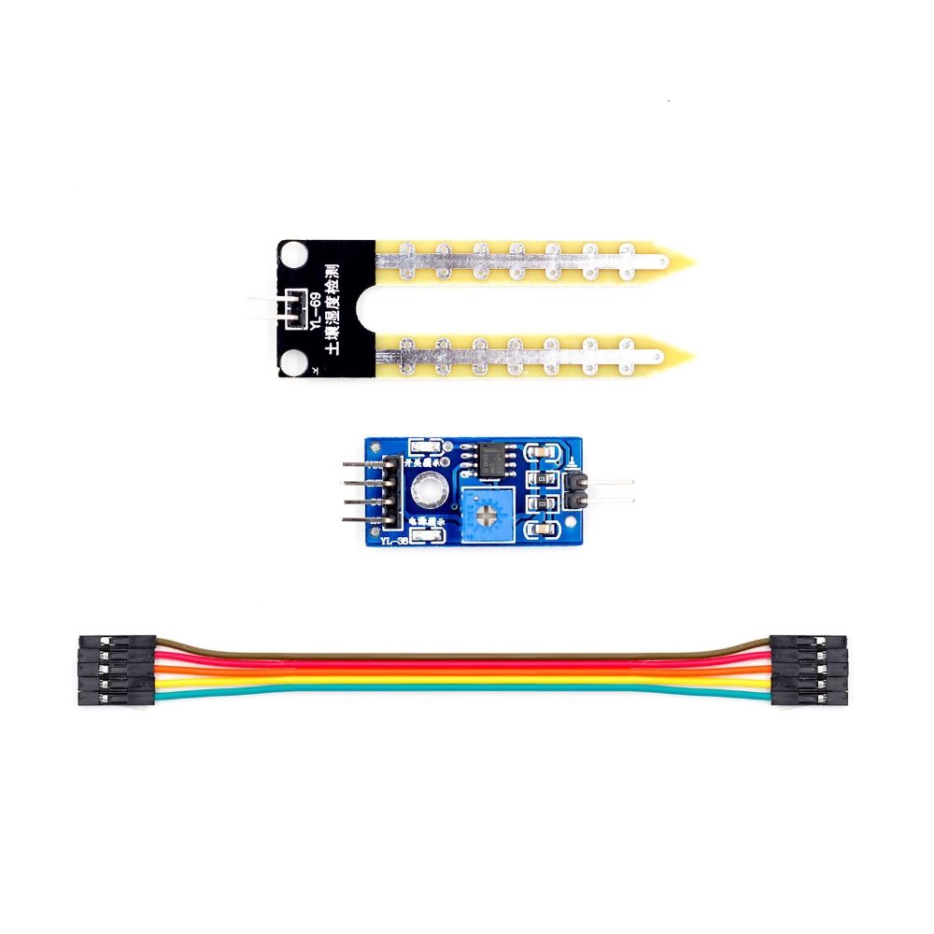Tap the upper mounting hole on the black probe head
click(x=296, y=253)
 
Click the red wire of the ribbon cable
click(x=467, y=663)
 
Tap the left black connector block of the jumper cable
click(x=117, y=672)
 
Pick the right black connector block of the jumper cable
click(x=809, y=672)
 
